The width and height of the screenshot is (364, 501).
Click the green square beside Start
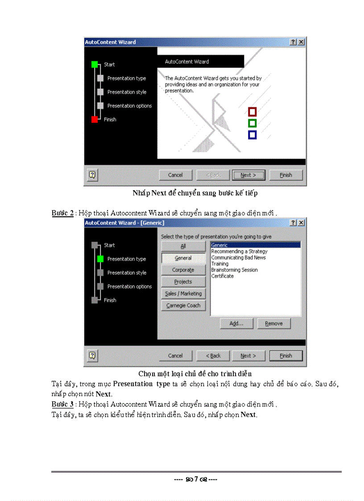(95, 64)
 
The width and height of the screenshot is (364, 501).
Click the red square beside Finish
(95, 119)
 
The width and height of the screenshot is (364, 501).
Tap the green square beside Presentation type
(100, 259)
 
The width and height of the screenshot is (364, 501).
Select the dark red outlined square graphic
(252, 112)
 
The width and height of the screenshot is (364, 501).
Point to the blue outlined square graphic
(252, 135)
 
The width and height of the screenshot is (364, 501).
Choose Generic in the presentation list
(255, 245)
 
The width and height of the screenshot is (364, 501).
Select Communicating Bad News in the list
(238, 257)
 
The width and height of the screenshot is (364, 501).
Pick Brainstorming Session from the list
(234, 270)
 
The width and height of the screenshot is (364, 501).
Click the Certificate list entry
(222, 276)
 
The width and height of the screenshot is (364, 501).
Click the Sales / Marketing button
(183, 294)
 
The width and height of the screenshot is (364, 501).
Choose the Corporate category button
(183, 270)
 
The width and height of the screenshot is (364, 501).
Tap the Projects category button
(183, 282)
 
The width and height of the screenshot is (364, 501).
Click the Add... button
(236, 323)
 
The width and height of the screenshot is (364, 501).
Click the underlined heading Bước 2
(62, 213)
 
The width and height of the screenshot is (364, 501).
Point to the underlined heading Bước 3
(62, 404)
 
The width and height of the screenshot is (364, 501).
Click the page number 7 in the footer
(196, 480)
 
